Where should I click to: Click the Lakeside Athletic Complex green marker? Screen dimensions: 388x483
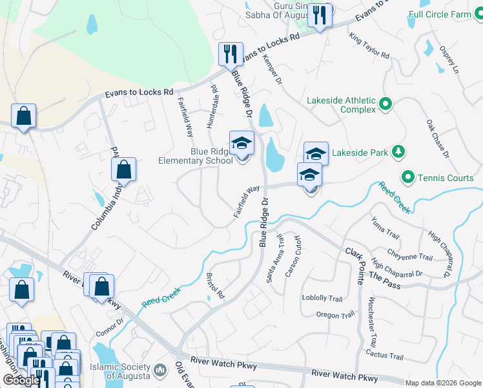[x=386, y=103]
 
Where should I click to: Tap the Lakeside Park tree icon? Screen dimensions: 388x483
[x=398, y=153]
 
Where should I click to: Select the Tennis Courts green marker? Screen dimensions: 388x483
[x=407, y=177]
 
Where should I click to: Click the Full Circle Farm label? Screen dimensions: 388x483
[x=446, y=13]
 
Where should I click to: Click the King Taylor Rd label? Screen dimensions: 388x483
[x=370, y=46]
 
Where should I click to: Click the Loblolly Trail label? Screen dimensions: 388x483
[x=322, y=299]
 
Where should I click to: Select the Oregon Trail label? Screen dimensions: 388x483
[x=332, y=315]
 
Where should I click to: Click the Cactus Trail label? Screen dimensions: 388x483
[x=384, y=356]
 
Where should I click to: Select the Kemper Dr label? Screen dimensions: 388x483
[x=272, y=69]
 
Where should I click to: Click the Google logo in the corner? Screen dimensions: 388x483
[x=21, y=380]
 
